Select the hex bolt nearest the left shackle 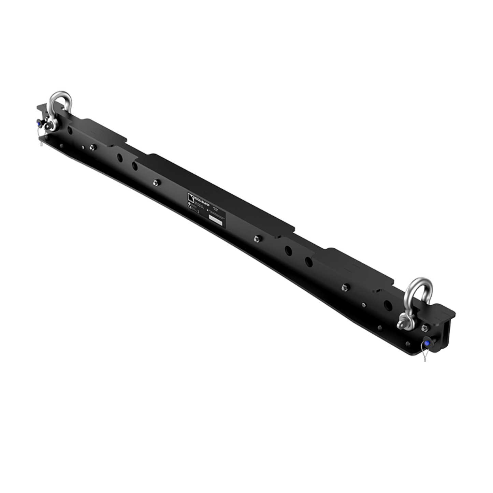pyautogui.click(x=92, y=147)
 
